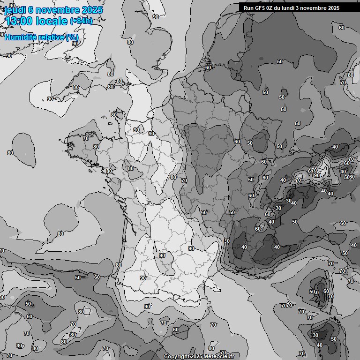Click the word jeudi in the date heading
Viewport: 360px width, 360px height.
[x=17, y=10]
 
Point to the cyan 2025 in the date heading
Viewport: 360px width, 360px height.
[x=92, y=10]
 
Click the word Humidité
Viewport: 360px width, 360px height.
[x=20, y=37]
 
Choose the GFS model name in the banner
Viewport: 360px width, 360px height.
[x=260, y=8]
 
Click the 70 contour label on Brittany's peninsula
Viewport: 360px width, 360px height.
[x=86, y=138]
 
